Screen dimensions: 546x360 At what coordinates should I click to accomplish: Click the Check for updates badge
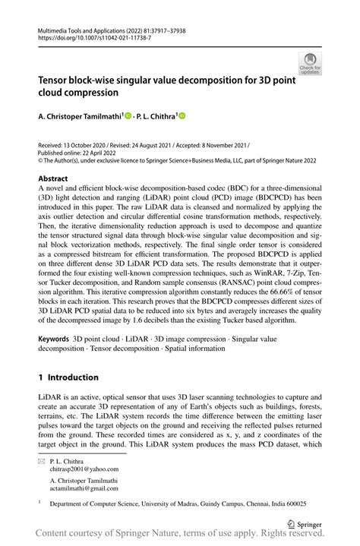click(309, 64)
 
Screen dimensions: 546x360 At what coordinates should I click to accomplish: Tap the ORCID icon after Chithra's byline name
click(182, 115)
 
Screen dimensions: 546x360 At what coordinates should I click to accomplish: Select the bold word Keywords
click(54, 336)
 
